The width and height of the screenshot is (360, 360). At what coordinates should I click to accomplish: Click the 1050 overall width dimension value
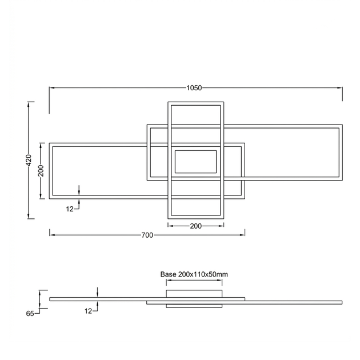pos(194,88)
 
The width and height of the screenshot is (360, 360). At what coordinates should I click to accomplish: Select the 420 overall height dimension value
pos(29,160)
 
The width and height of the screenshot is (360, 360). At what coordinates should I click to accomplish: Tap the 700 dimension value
pos(147,235)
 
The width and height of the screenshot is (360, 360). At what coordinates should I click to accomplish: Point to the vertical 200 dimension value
pos(41,171)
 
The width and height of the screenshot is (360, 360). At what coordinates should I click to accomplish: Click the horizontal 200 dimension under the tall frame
pos(196,226)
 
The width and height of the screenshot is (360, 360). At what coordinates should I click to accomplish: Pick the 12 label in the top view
pos(70,209)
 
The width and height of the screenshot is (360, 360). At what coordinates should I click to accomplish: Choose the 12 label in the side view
pos(88,311)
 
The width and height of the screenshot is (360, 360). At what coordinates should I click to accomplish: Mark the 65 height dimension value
pos(30,314)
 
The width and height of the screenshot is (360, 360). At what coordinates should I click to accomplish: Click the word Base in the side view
pos(169,274)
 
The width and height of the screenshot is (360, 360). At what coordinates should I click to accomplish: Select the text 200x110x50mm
pos(203,274)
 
